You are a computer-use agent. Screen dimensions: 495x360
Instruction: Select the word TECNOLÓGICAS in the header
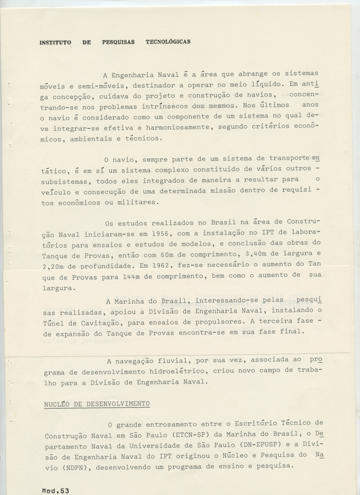click(168, 42)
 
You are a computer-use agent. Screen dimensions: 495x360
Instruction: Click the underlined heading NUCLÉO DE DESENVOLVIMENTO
click(97, 404)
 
